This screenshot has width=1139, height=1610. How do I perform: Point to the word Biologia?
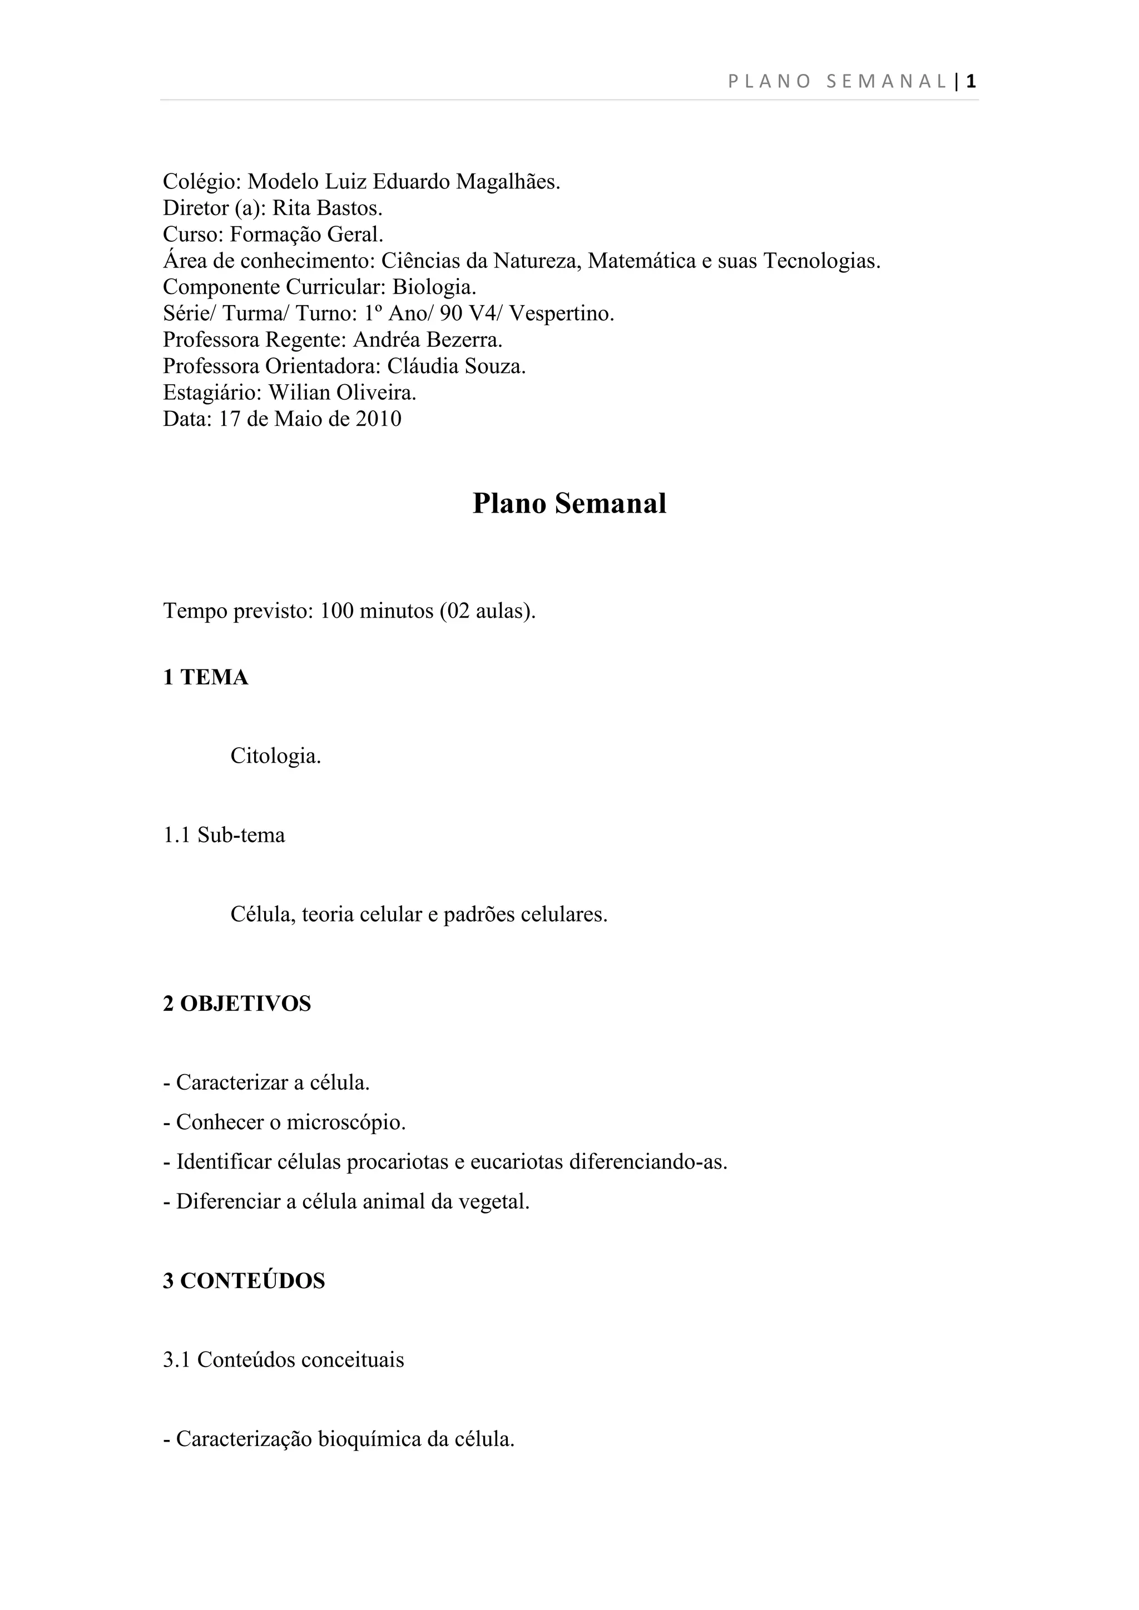point(434,287)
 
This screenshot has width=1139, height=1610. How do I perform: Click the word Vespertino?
point(561,314)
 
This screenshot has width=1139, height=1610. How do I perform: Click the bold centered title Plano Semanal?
point(569,504)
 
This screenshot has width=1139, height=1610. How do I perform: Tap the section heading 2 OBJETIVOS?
point(237,1003)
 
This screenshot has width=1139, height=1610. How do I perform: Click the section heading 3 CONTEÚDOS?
point(244,1281)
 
